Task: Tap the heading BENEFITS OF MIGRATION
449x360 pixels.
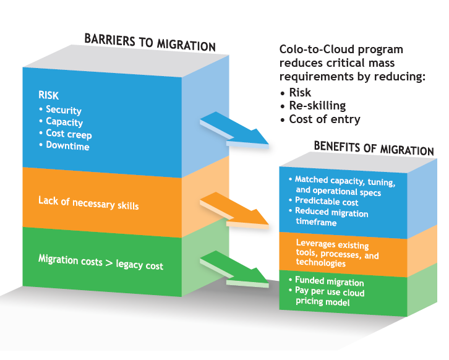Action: click(374, 149)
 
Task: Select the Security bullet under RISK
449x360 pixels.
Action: click(63, 110)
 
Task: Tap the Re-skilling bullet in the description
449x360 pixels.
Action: click(316, 106)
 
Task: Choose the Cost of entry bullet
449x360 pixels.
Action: click(323, 119)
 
